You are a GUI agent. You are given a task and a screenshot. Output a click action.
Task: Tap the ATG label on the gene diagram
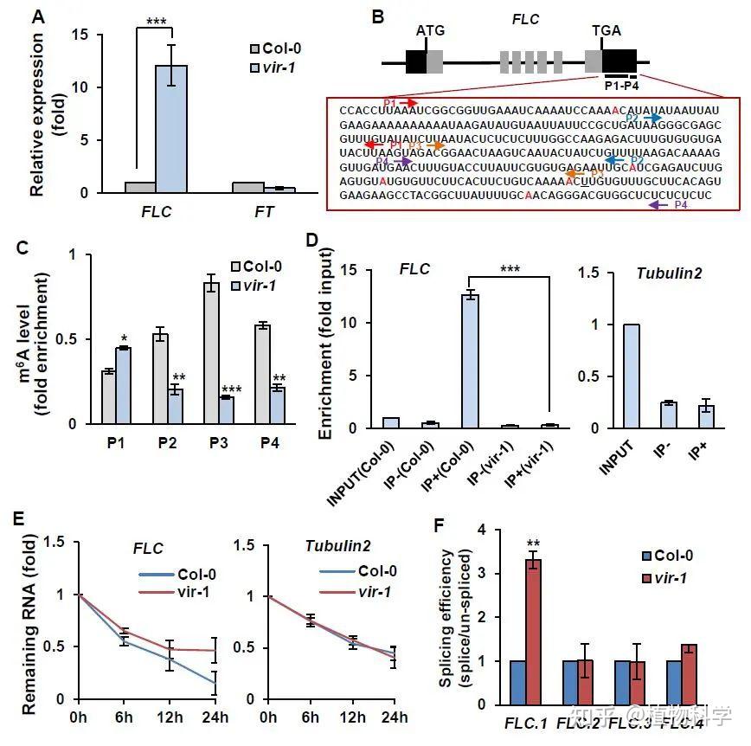point(430,30)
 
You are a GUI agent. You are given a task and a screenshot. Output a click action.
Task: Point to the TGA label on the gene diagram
point(606,30)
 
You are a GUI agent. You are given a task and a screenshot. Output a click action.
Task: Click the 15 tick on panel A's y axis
point(103,35)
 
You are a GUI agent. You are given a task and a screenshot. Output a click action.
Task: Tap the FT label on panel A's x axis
point(265,213)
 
